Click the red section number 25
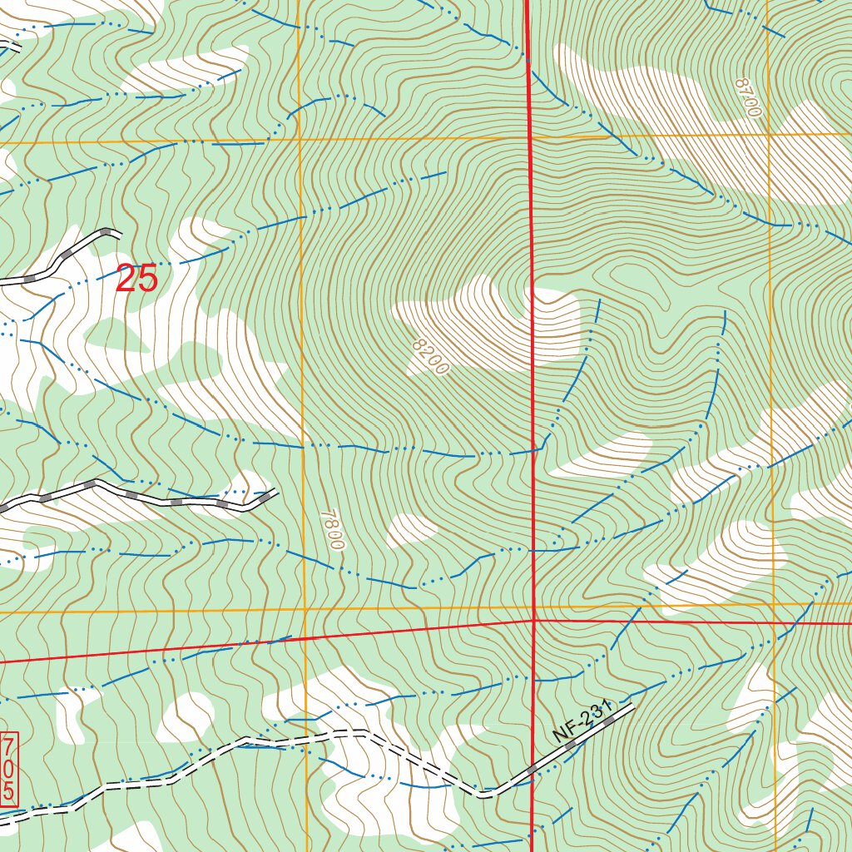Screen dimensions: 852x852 click(136, 279)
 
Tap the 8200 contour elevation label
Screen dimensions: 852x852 click(429, 355)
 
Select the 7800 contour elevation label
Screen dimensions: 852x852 click(330, 529)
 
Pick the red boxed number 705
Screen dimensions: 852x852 click(9, 769)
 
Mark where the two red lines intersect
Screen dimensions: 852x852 click(532, 620)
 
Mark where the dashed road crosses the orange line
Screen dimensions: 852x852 click(306, 735)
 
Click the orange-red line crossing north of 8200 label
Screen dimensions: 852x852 click(530, 136)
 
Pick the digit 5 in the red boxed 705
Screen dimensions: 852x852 click(9, 791)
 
